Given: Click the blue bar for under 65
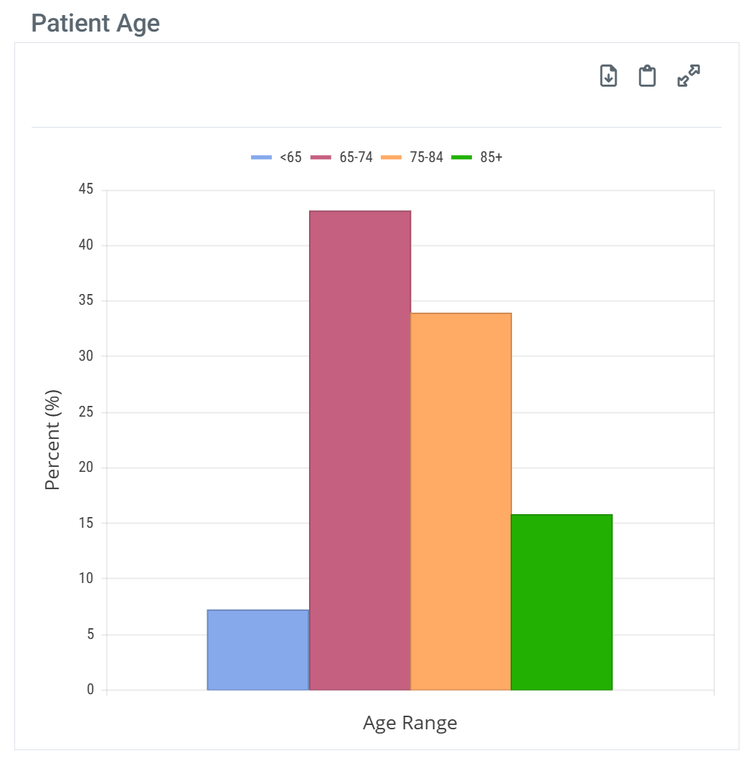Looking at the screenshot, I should [258, 650].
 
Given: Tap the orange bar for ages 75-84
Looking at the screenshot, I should [460, 501].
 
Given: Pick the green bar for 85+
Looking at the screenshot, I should [562, 602].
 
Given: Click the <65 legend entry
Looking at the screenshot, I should [277, 158].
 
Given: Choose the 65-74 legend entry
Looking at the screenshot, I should [342, 158].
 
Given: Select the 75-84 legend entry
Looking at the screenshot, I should [412, 158].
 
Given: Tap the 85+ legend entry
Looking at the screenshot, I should [478, 158].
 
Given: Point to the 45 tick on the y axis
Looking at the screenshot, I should [87, 190].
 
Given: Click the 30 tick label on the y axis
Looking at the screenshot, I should [87, 356].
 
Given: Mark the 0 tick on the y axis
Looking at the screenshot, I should [90, 690].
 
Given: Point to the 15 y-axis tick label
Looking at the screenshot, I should [87, 524].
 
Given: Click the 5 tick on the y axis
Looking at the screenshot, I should [90, 635].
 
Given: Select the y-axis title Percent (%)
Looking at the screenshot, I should [53, 440].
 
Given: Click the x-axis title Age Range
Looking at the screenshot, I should [410, 723].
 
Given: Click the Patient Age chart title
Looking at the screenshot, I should [95, 24].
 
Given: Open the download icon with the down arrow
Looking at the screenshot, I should [608, 75].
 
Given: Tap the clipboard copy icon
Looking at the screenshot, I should [648, 75].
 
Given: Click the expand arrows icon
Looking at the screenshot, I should [688, 75].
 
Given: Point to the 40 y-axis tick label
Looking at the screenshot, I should [87, 245].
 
